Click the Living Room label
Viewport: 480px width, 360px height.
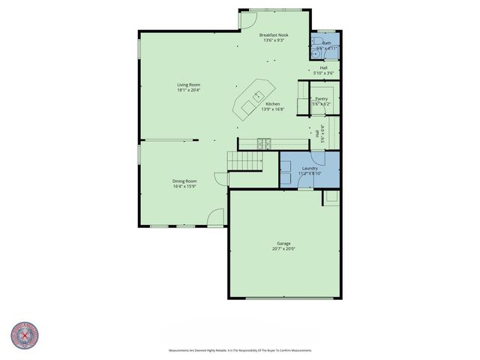pos(188,85)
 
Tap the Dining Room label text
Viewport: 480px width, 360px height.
pos(184,181)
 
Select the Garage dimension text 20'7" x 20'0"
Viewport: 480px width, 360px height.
pos(283,249)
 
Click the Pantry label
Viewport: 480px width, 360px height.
pos(322,98)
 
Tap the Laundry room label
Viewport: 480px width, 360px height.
pos(310,168)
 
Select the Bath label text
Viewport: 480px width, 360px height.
pos(327,43)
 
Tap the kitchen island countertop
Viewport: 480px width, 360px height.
pos(253,98)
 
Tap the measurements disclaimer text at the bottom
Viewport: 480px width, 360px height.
pos(239,350)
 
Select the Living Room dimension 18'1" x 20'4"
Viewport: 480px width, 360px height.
pos(188,90)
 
